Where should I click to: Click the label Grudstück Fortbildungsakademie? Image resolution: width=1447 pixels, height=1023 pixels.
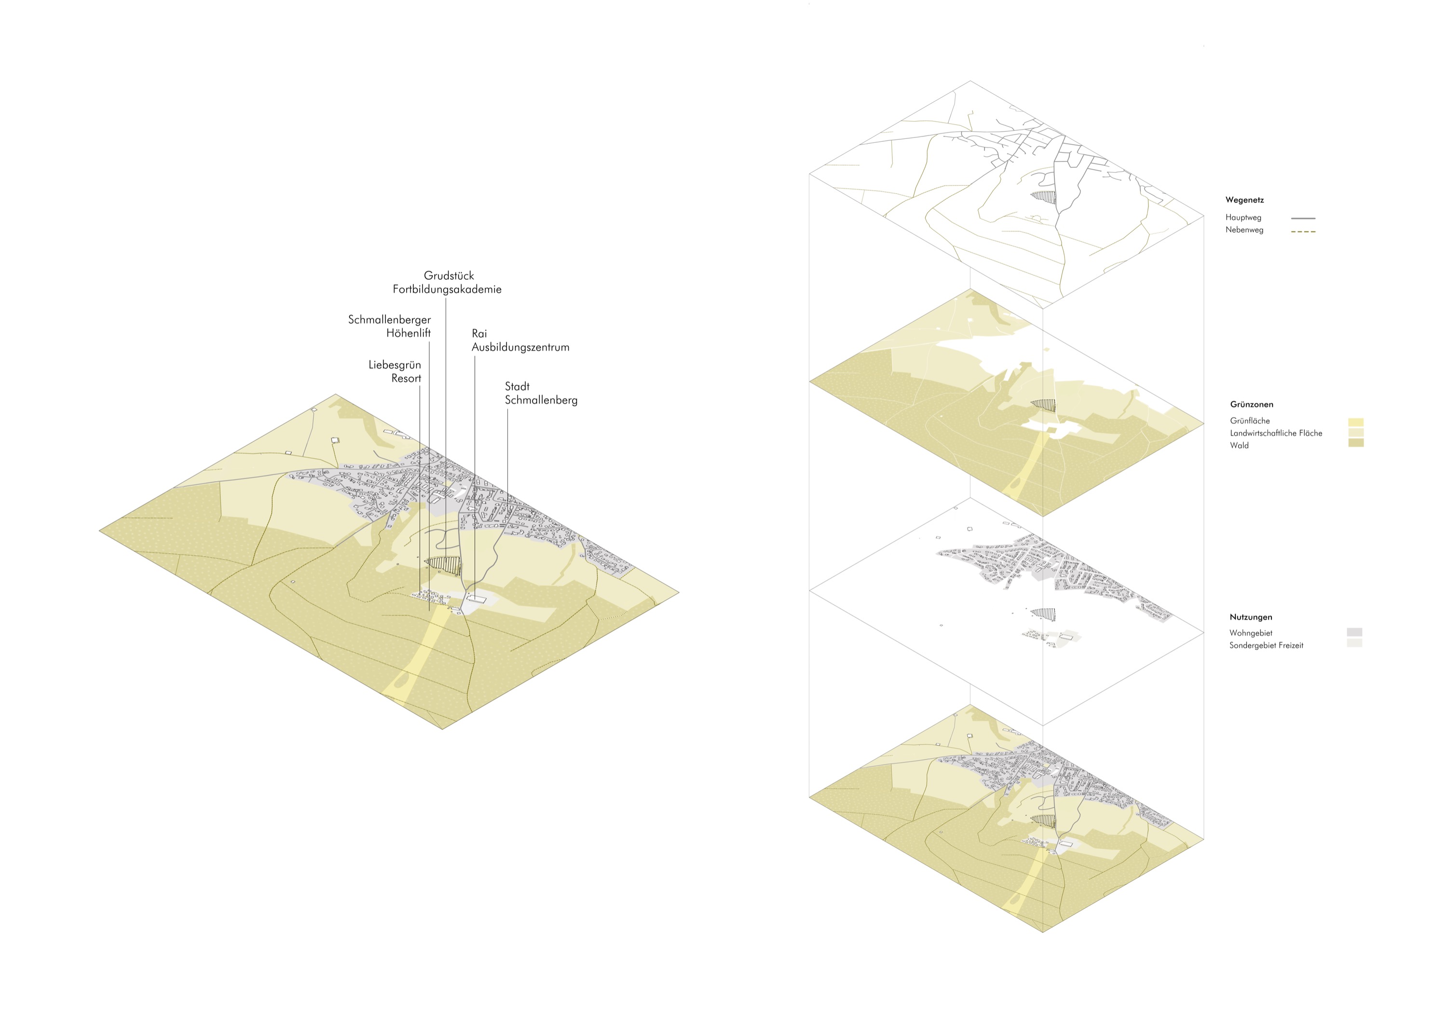pos(448,282)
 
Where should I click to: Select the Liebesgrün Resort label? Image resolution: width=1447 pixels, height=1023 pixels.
pos(395,371)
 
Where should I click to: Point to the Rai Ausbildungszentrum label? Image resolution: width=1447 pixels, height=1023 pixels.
pos(520,341)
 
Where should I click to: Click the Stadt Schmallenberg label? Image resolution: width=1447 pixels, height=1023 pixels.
pos(541,393)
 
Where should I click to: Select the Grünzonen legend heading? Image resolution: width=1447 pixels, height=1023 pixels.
pos(1251,405)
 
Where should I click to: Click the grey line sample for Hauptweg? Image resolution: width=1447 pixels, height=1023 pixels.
pos(1303,218)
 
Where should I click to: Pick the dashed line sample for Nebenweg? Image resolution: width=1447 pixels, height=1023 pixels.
pos(1303,232)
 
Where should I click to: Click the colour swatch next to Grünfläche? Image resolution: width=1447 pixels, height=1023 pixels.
pos(1356,423)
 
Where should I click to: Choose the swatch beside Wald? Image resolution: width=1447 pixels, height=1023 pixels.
pos(1356,443)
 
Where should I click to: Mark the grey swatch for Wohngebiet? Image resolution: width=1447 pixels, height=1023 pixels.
pos(1354,631)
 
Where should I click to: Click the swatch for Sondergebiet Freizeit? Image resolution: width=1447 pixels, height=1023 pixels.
pos(1354,643)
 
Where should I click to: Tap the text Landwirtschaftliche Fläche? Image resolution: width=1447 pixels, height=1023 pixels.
pos(1276,433)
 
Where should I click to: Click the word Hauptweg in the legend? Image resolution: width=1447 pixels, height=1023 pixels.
pos(1243,218)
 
